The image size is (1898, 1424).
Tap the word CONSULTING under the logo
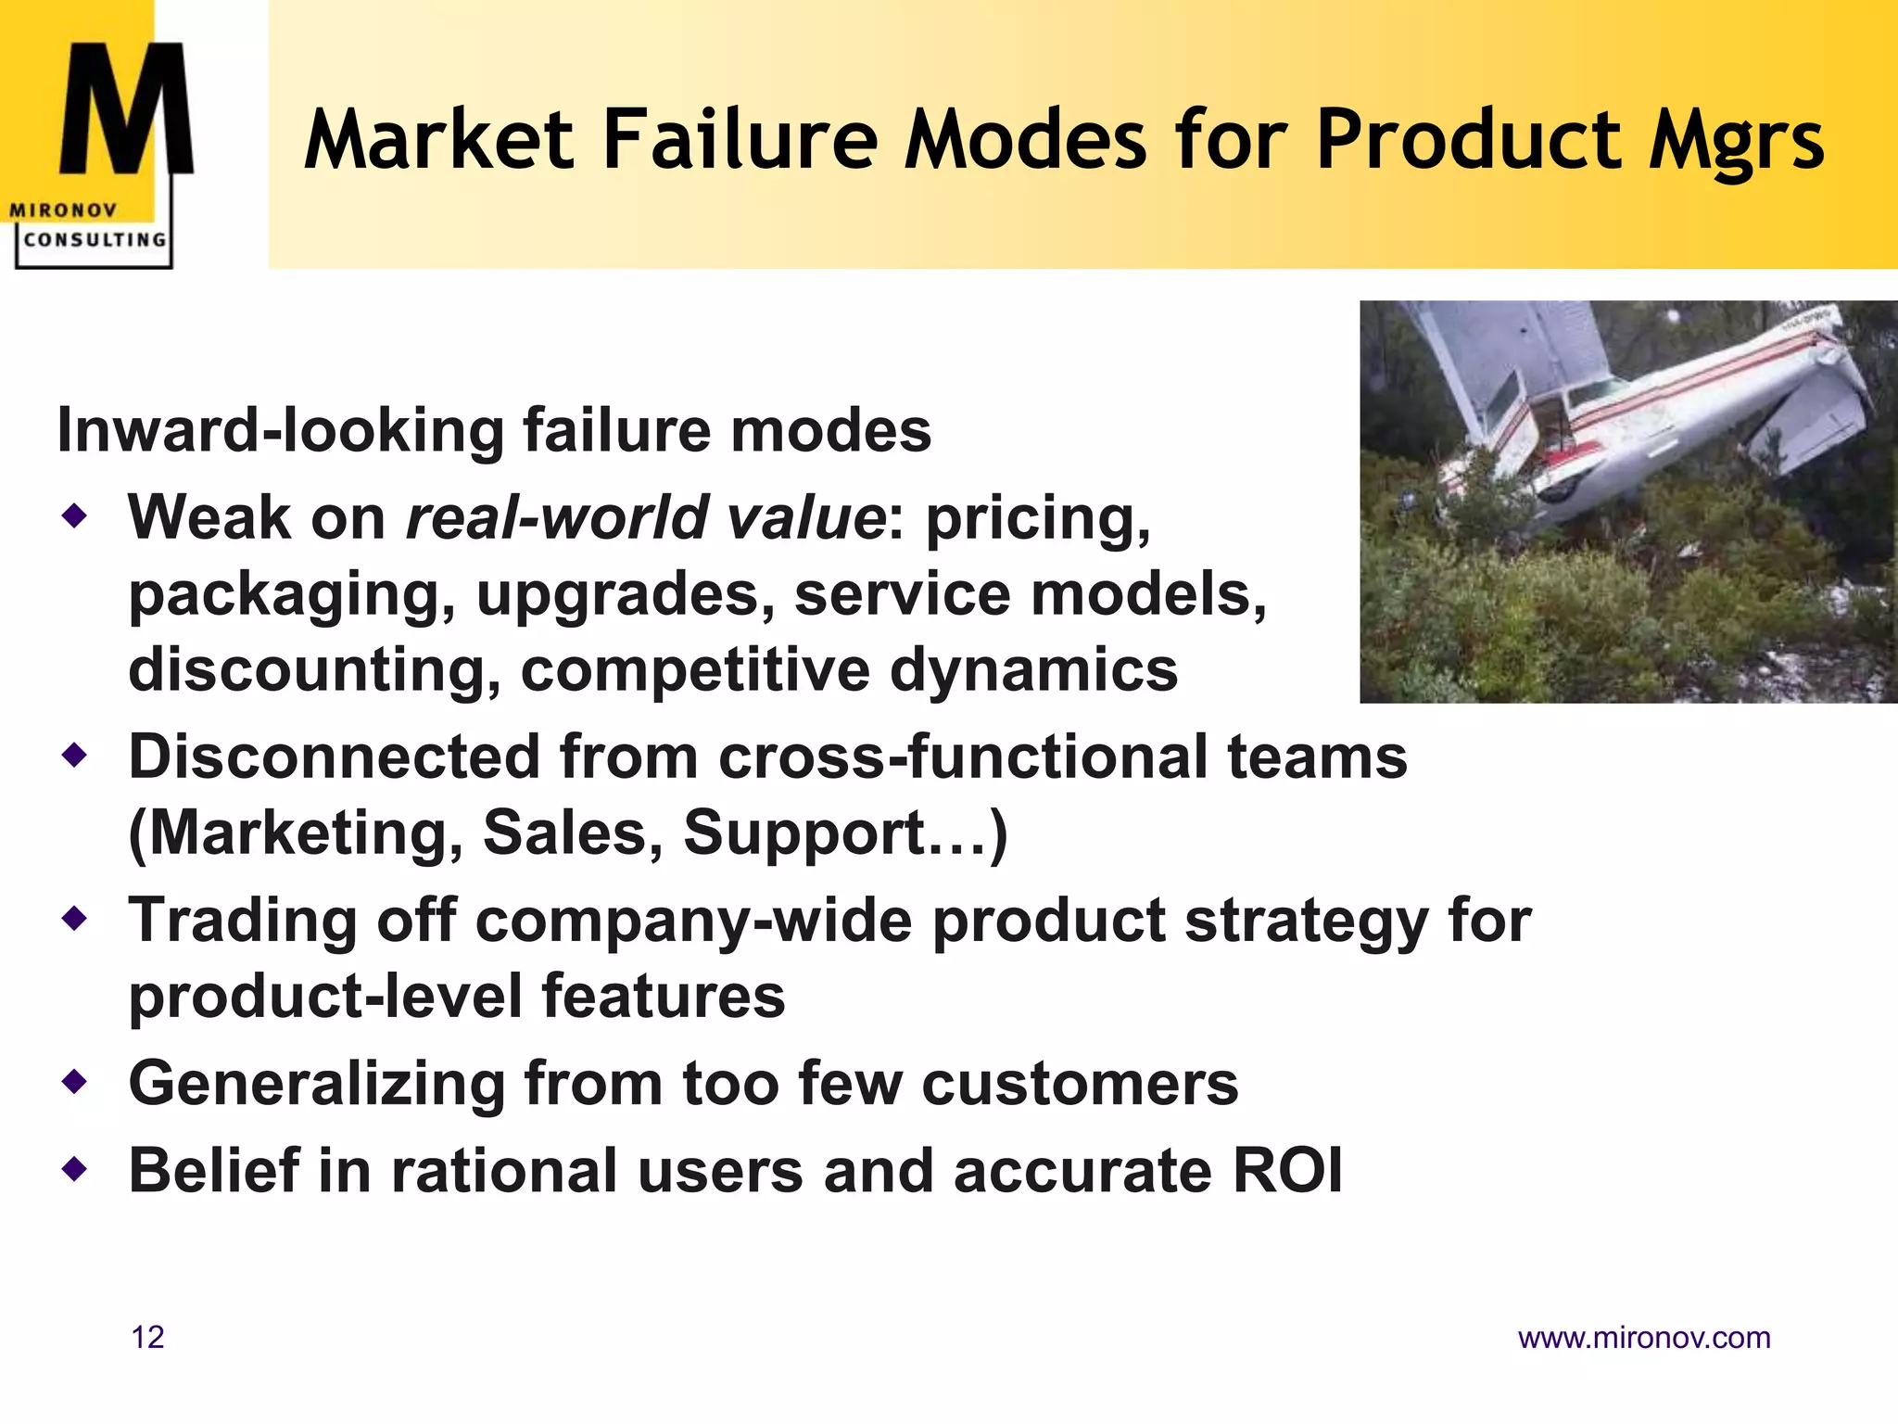pos(95,239)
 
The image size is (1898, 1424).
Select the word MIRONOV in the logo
pos(63,210)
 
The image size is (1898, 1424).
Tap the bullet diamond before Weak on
pos(74,515)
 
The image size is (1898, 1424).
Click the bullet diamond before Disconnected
pos(74,756)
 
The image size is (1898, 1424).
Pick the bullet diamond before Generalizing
pos(74,1082)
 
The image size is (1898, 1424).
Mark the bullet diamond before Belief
pos(74,1169)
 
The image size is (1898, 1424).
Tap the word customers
pos(1080,1083)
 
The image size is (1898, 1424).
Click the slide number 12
pos(148,1338)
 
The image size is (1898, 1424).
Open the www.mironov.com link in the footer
pos(1644,1338)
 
